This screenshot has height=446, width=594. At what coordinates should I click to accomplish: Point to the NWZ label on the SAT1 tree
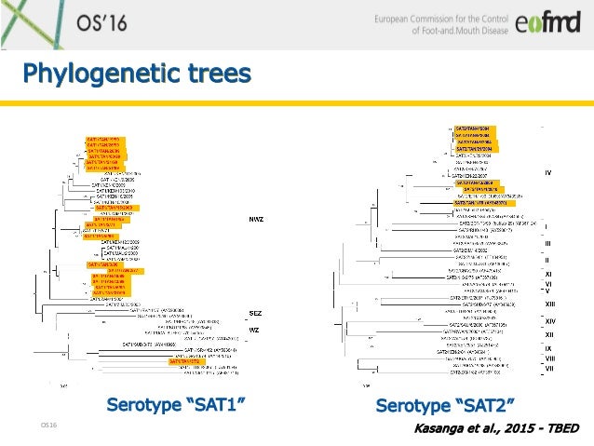pyautogui.click(x=255, y=218)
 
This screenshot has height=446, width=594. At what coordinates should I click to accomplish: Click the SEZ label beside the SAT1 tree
pyautogui.click(x=254, y=314)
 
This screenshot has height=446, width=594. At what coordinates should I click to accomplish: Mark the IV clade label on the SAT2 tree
pyautogui.click(x=548, y=172)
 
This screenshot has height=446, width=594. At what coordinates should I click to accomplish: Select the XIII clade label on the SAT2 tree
pyautogui.click(x=549, y=304)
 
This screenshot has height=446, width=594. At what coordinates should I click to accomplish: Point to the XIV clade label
pyautogui.click(x=549, y=321)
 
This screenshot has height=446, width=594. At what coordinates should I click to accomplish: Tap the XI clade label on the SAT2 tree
pyautogui.click(x=549, y=274)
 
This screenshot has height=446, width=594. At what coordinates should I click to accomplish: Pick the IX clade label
pyautogui.click(x=549, y=348)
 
